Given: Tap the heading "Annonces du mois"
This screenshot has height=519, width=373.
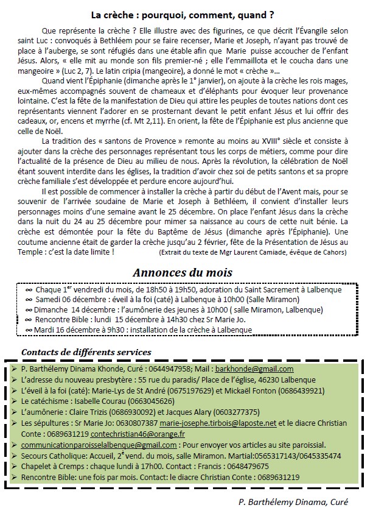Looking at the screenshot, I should (x=183, y=272).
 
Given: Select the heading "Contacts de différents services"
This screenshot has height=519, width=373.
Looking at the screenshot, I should (x=86, y=352).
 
